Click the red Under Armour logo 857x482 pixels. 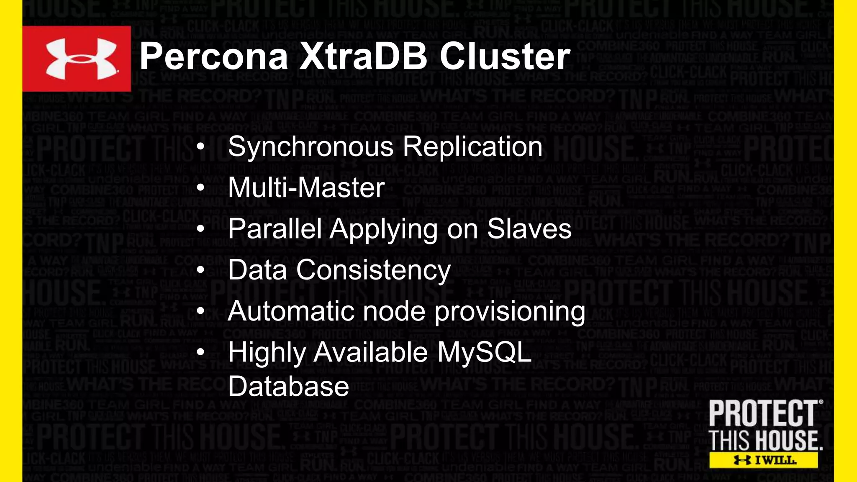click(x=77, y=59)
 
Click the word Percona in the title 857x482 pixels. click(x=214, y=57)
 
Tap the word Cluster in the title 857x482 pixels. click(x=505, y=57)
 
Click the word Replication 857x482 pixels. click(x=472, y=147)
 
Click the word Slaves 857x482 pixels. click(x=529, y=229)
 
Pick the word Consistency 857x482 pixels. click(x=374, y=270)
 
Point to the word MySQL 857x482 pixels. click(x=484, y=353)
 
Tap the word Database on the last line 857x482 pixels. click(x=288, y=386)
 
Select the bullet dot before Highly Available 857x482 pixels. click(x=201, y=353)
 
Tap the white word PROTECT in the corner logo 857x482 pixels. click(x=763, y=413)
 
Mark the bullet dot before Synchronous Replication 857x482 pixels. click(x=201, y=147)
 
